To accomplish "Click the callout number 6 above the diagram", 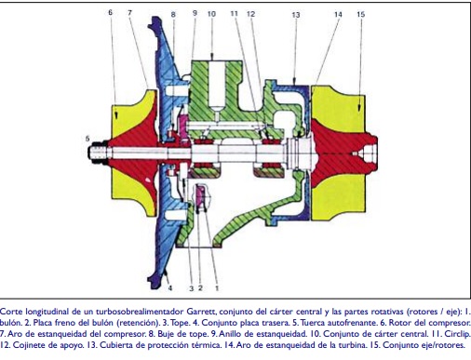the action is (x=110, y=12).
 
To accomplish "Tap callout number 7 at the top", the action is (x=129, y=12).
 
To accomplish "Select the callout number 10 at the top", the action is (x=211, y=14).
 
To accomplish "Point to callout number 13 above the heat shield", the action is (x=296, y=15).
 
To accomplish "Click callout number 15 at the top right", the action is (x=360, y=14).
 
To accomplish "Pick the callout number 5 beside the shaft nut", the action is (x=87, y=139).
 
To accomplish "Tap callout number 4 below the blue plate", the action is (x=170, y=288).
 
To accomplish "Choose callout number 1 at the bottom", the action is (x=217, y=288).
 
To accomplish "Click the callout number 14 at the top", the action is (x=338, y=14).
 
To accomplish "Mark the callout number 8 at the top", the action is (x=173, y=14).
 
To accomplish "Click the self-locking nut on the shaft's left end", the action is (x=97, y=153).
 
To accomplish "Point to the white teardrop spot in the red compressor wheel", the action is (x=148, y=180).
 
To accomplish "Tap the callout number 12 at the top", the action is (x=250, y=14).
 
